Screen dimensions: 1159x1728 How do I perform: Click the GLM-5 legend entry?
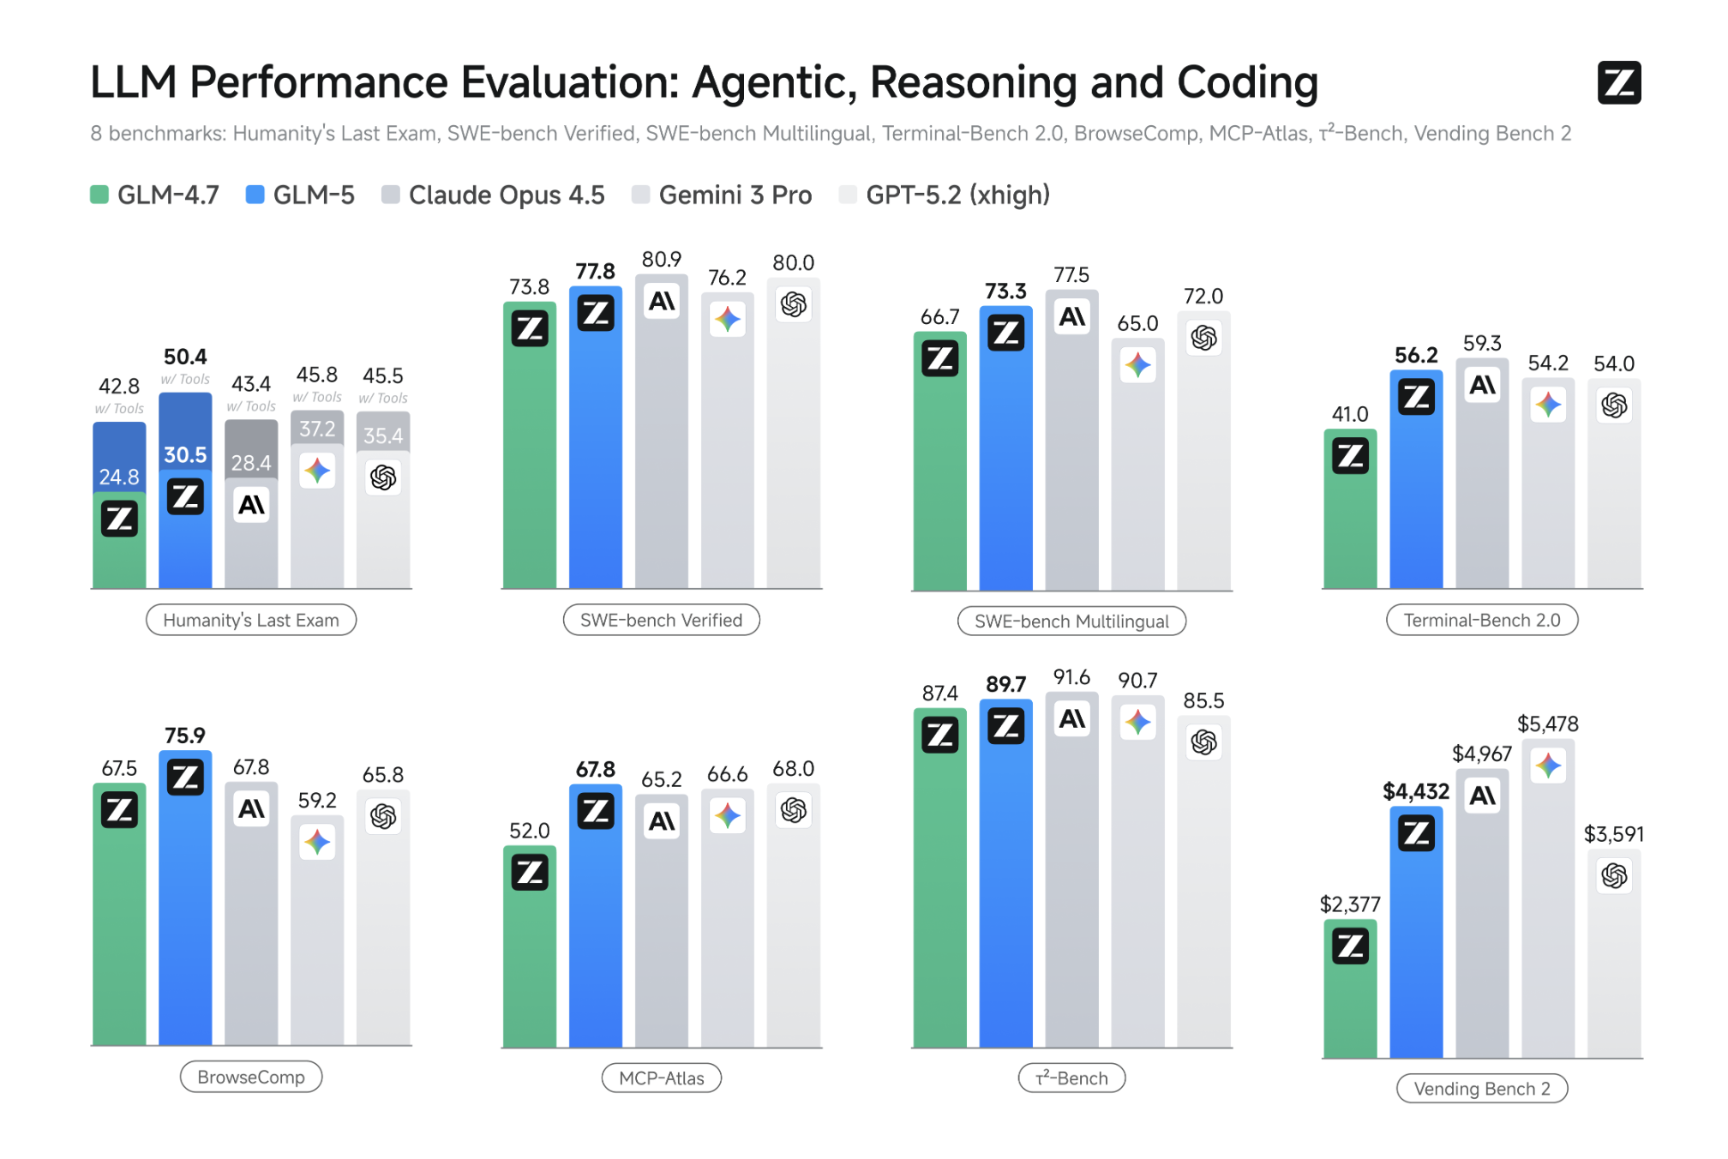tap(300, 195)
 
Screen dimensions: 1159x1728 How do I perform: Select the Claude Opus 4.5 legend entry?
tap(494, 195)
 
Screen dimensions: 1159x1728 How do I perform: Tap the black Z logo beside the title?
tap(1618, 82)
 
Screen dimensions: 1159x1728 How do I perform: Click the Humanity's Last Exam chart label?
tap(251, 620)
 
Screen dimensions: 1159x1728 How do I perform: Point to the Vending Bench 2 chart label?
tap(1481, 1089)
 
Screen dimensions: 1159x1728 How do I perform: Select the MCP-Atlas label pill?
tap(661, 1078)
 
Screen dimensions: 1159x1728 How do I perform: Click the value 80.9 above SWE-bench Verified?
tap(661, 260)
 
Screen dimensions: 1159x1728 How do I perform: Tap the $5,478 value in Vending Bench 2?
tap(1547, 724)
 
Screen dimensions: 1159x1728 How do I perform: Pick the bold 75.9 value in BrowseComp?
tap(185, 736)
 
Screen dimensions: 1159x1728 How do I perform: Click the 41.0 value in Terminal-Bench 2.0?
tap(1349, 415)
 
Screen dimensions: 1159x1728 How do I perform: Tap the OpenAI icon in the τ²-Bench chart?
tap(1203, 742)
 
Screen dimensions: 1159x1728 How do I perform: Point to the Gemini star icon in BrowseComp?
tap(317, 842)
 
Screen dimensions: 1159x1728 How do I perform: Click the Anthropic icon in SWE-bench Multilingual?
tap(1071, 318)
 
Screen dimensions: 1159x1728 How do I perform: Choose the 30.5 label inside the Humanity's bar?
tap(185, 455)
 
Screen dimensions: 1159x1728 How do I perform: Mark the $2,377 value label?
tap(1349, 904)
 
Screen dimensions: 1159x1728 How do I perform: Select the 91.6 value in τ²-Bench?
tap(1071, 677)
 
